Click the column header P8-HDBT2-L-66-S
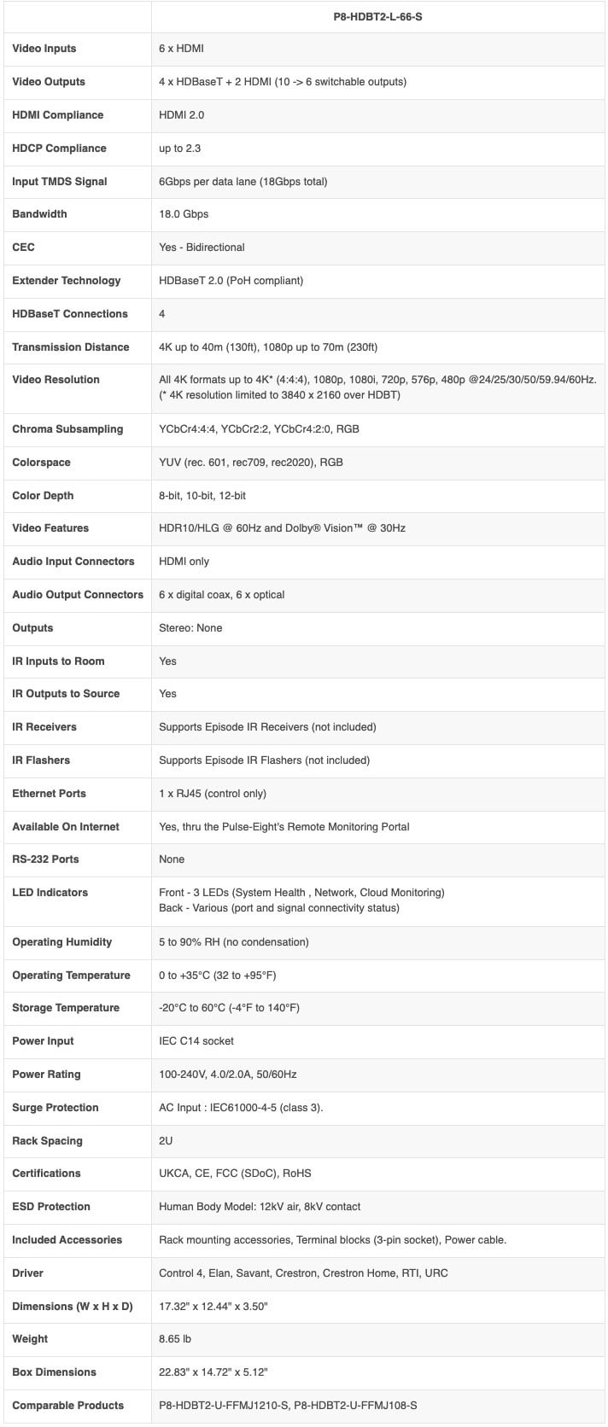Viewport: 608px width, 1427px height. pyautogui.click(x=377, y=16)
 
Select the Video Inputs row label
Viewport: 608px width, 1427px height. pyautogui.click(x=44, y=49)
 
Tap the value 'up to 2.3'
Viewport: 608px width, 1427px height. pyautogui.click(x=180, y=149)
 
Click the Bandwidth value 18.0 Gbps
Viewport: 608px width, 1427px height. pyautogui.click(x=184, y=214)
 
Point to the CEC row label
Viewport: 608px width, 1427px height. pyautogui.click(x=24, y=248)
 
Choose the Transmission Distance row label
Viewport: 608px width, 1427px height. pyautogui.click(x=71, y=347)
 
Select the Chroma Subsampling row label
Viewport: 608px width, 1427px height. pyautogui.click(x=67, y=429)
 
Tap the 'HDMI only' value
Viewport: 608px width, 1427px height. pyautogui.click(x=184, y=562)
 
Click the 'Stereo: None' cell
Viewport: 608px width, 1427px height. pyautogui.click(x=190, y=628)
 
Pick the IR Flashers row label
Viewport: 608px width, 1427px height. pyautogui.click(x=41, y=760)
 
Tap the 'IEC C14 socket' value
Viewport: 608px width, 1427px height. pyautogui.click(x=196, y=1041)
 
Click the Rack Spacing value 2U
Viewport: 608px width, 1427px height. pyautogui.click(x=167, y=1141)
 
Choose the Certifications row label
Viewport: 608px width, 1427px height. pyautogui.click(x=46, y=1174)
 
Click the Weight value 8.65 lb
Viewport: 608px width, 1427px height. pyautogui.click(x=176, y=1339)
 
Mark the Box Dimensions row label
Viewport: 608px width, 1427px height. pyautogui.click(x=54, y=1372)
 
